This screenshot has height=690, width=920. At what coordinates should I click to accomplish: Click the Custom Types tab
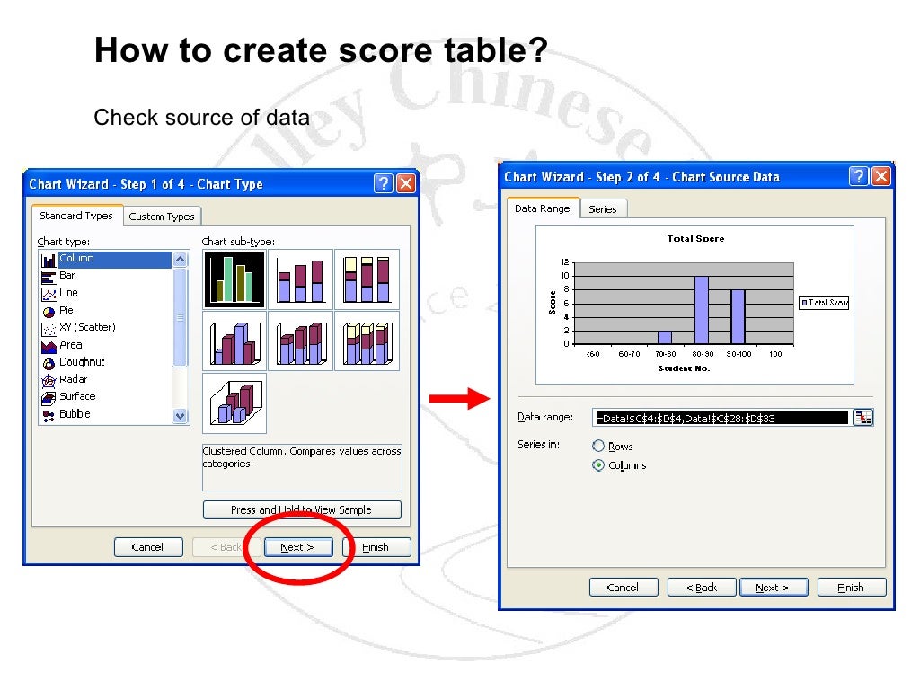click(x=162, y=217)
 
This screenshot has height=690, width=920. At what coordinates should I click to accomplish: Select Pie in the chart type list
click(x=66, y=310)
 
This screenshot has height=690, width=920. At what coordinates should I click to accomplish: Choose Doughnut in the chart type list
click(x=81, y=362)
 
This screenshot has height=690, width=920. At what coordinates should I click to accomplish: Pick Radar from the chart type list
click(x=73, y=379)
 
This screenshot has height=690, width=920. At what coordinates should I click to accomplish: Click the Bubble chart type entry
click(x=75, y=414)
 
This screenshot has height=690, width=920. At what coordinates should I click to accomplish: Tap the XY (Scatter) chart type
click(x=86, y=327)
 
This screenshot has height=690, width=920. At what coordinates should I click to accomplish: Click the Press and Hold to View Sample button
click(x=301, y=509)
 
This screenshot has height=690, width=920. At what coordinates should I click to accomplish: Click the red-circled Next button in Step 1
click(x=297, y=547)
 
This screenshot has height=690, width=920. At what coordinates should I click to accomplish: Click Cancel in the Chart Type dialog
click(x=147, y=547)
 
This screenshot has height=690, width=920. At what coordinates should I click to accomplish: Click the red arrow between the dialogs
click(x=458, y=400)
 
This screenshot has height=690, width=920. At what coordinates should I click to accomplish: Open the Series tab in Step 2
click(x=603, y=209)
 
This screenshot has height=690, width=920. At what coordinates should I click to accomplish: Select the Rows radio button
click(x=598, y=447)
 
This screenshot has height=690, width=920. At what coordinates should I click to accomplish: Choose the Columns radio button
click(x=598, y=465)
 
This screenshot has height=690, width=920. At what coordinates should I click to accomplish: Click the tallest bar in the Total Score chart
click(x=702, y=310)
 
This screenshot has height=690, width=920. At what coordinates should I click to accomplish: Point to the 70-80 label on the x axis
click(x=665, y=354)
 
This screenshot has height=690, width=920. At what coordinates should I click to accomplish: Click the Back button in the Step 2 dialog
click(x=701, y=588)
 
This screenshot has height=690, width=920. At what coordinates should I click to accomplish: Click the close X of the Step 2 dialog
click(x=882, y=176)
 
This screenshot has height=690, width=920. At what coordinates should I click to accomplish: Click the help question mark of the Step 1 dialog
click(x=384, y=184)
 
